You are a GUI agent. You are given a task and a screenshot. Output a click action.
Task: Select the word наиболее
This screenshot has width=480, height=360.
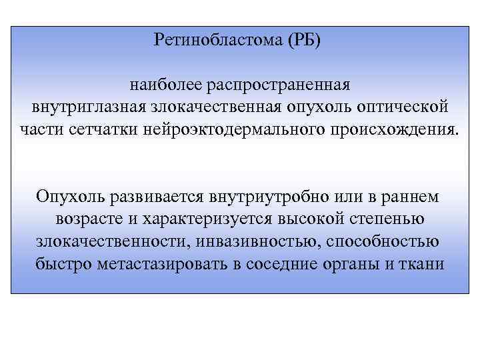click(165, 85)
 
